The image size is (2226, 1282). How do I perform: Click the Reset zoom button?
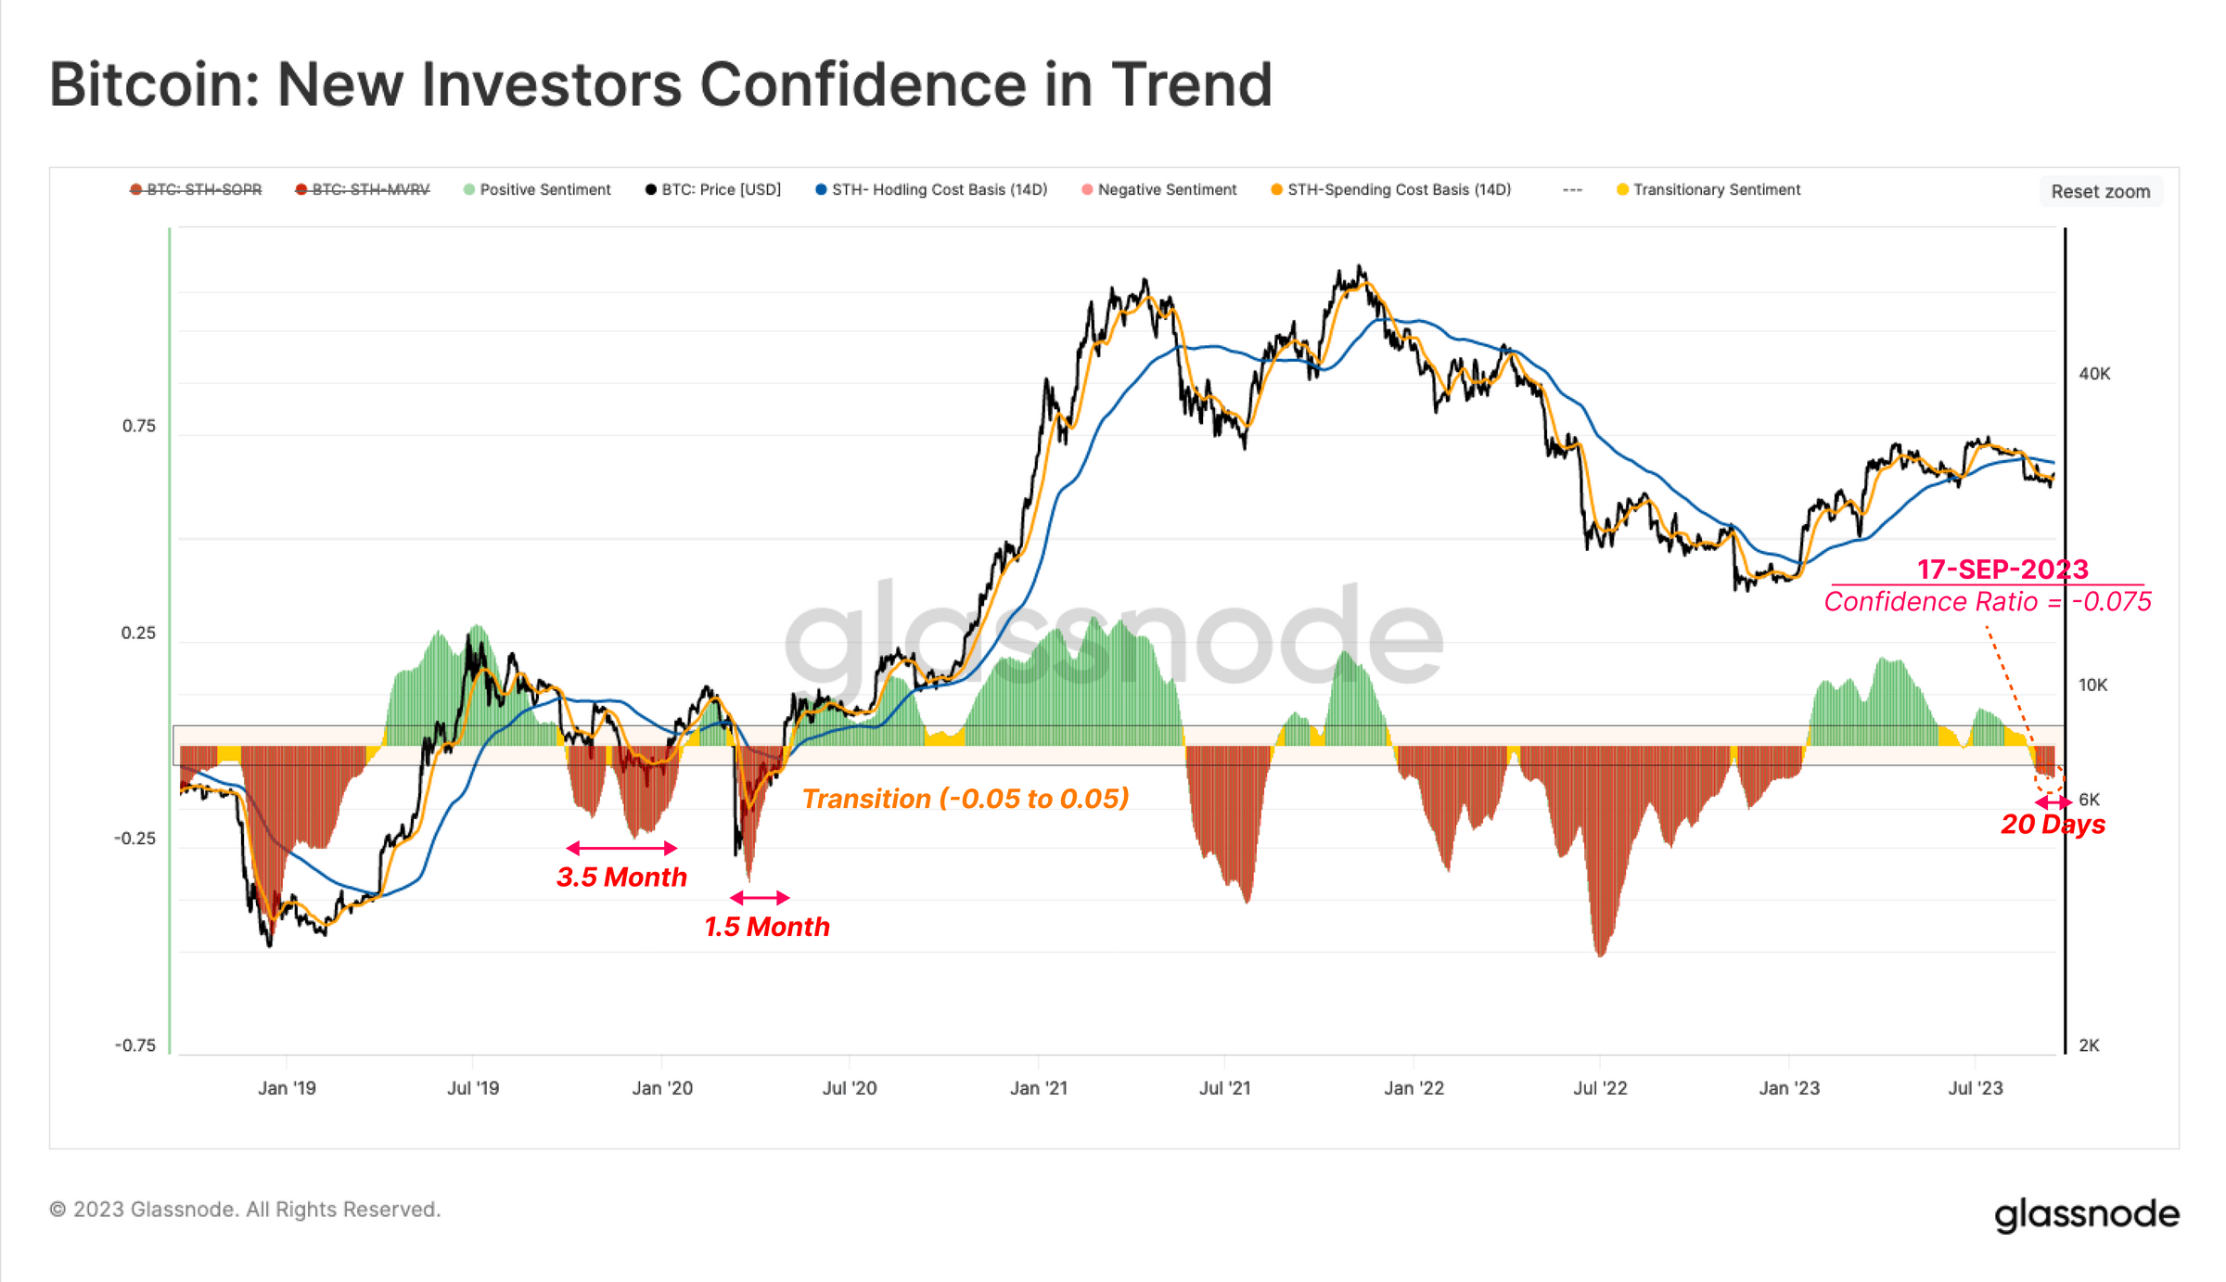[2099, 191]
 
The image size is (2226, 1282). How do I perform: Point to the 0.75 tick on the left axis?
[139, 426]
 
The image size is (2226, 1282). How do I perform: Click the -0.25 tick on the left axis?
[135, 839]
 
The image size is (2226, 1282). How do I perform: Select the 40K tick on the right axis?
[2094, 374]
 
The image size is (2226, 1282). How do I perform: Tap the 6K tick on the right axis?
[2089, 800]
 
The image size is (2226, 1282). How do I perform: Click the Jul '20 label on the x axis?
[849, 1088]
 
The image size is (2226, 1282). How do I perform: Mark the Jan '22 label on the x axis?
[1414, 1088]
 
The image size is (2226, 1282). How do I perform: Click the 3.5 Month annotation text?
[621, 878]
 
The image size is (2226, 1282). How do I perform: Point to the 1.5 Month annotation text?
[766, 927]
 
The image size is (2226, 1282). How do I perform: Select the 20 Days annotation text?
[2053, 825]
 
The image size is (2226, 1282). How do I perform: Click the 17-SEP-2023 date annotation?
[2002, 569]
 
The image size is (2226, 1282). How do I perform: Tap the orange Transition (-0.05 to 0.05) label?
[965, 799]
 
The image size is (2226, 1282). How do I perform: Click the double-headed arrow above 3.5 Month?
[621, 848]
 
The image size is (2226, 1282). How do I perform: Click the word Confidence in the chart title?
[863, 85]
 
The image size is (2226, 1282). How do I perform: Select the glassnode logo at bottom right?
[2086, 1213]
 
